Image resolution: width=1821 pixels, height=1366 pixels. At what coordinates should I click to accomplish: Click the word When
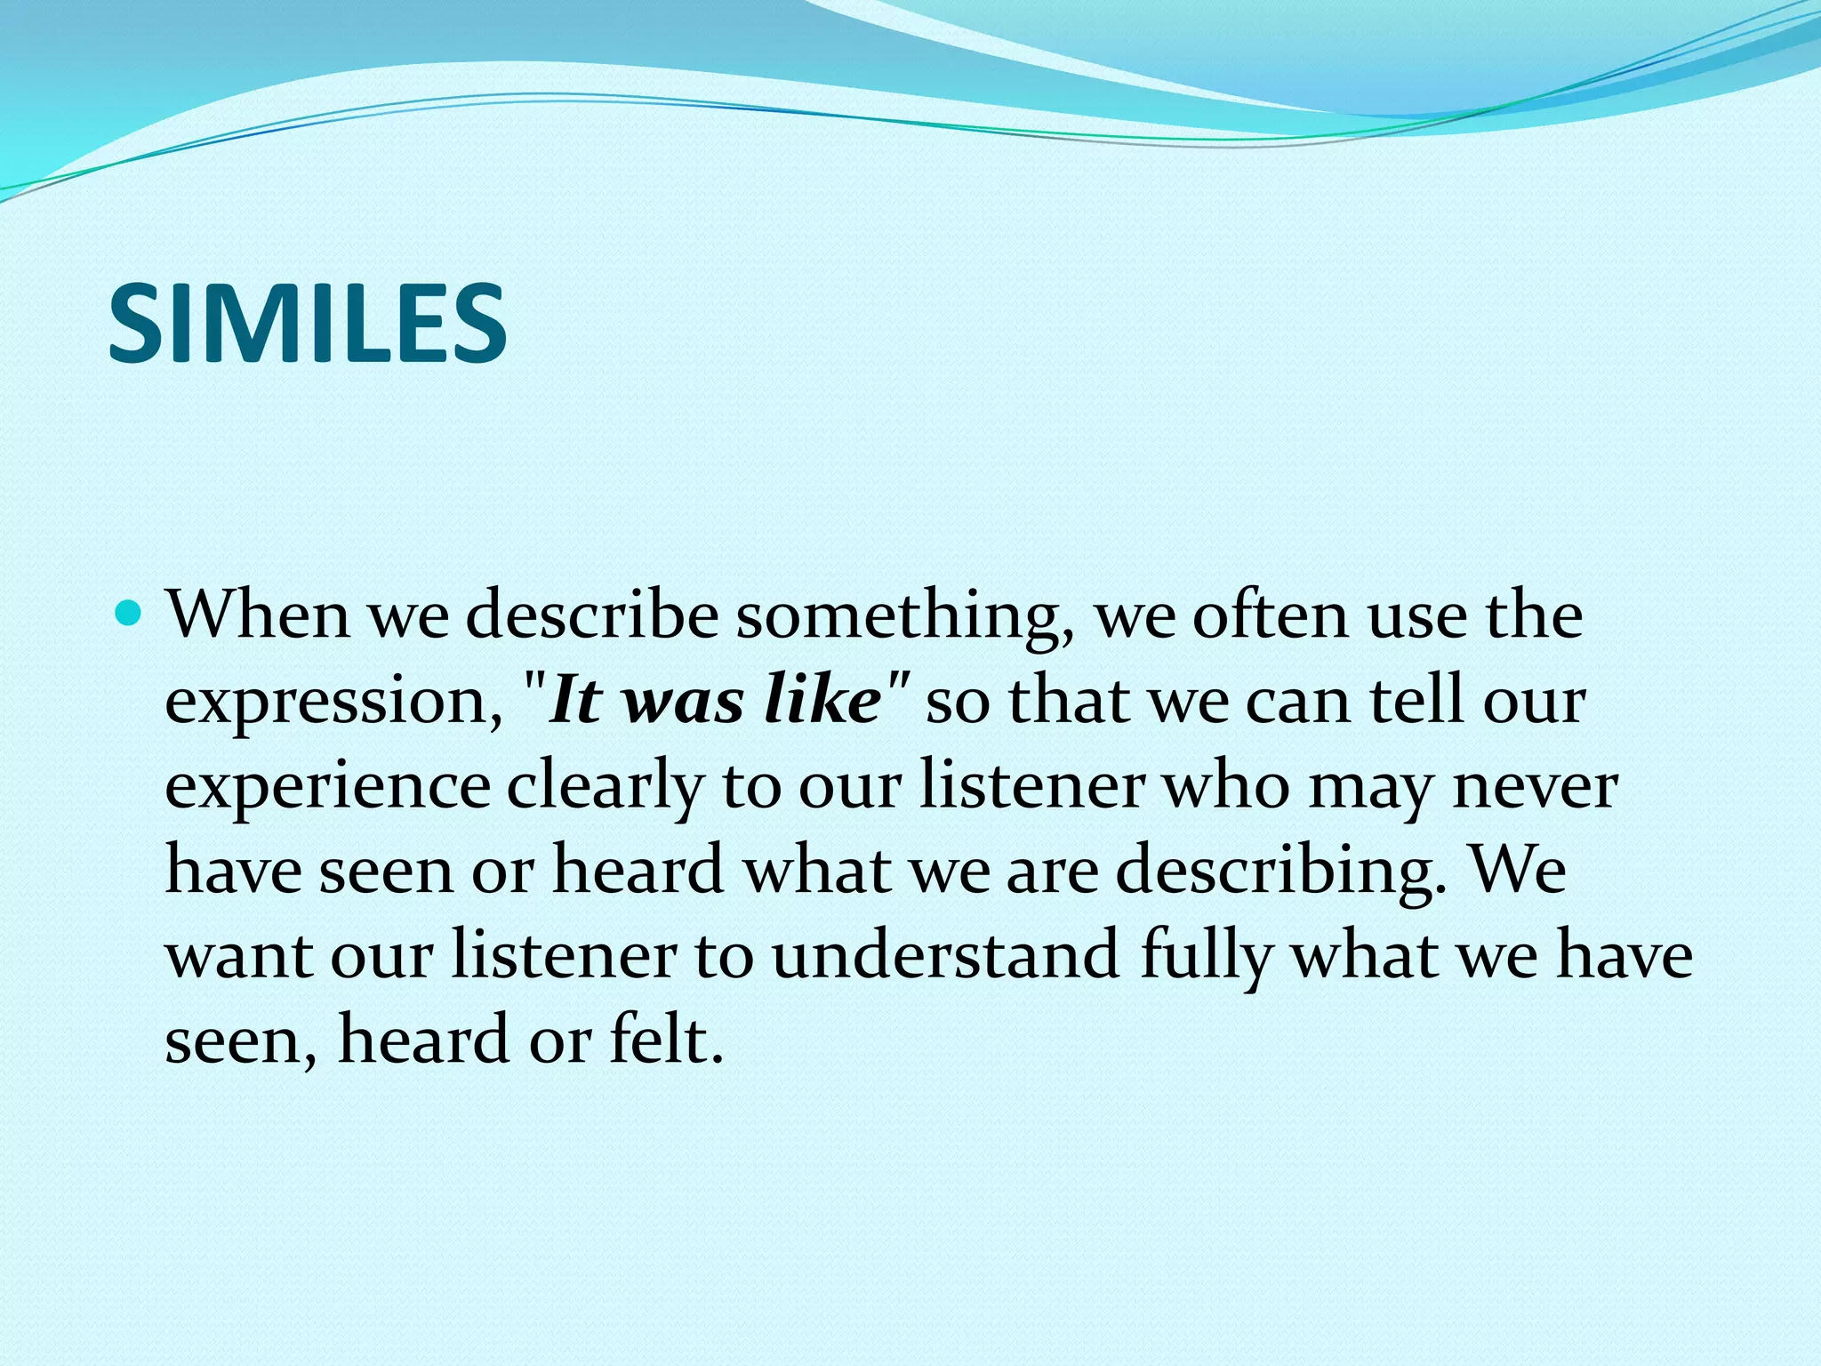[258, 615]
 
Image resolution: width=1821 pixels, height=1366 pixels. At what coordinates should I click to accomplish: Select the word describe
[591, 615]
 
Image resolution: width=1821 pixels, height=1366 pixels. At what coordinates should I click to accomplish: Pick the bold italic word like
[822, 700]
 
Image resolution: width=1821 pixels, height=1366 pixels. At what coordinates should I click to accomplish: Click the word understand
[945, 955]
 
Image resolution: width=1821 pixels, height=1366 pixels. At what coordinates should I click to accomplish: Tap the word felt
[666, 1039]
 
